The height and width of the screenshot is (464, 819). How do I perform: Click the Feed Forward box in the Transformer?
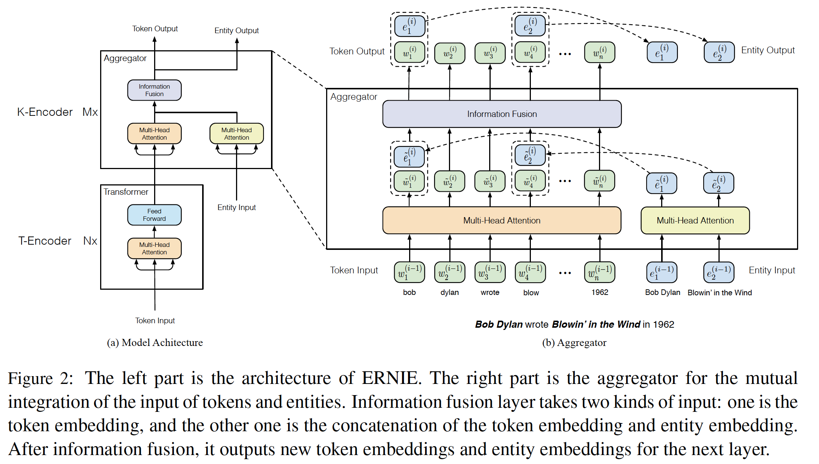(x=154, y=215)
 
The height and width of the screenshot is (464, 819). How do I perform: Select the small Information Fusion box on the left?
(x=154, y=90)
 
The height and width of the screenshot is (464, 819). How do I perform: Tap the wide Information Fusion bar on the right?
(x=502, y=114)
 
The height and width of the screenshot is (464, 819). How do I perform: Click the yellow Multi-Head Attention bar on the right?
(x=695, y=220)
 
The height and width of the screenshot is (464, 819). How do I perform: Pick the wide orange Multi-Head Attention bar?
(x=501, y=220)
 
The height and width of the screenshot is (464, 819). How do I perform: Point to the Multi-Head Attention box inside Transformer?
(x=154, y=248)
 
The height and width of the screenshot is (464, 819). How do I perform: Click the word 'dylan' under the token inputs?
(x=449, y=292)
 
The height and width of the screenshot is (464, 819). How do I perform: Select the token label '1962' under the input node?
(x=600, y=292)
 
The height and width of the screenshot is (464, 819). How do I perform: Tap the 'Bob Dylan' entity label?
(x=662, y=292)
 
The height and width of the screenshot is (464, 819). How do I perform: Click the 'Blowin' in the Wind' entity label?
(x=720, y=293)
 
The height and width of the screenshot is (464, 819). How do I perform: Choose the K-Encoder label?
(x=45, y=112)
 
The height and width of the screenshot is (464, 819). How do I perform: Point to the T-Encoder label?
(x=45, y=241)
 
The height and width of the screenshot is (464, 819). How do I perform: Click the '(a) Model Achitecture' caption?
(x=155, y=343)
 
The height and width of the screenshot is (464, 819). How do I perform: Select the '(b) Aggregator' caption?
(x=574, y=343)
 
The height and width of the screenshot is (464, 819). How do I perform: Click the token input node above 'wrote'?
(x=490, y=272)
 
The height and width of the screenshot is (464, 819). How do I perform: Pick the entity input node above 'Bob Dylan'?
(x=662, y=272)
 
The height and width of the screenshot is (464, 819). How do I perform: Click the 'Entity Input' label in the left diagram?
(x=236, y=207)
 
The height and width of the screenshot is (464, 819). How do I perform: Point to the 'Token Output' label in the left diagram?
(x=155, y=29)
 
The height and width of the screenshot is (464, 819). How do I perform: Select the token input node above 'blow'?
(x=530, y=272)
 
